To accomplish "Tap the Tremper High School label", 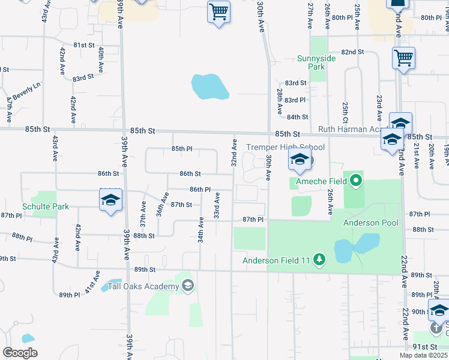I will point(286,147).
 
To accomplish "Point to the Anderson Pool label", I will point(370,223).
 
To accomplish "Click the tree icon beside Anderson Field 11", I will point(320,259).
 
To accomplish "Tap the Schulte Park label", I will point(46,207).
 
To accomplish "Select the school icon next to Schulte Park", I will point(110,200).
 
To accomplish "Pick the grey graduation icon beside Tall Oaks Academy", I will point(188,285).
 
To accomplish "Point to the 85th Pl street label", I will point(181,148).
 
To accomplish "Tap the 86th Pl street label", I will point(200,189).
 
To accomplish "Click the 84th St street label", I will point(297,117).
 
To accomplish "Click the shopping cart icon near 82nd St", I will point(403,59).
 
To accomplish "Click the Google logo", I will point(20,353).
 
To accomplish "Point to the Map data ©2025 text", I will point(424,355).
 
